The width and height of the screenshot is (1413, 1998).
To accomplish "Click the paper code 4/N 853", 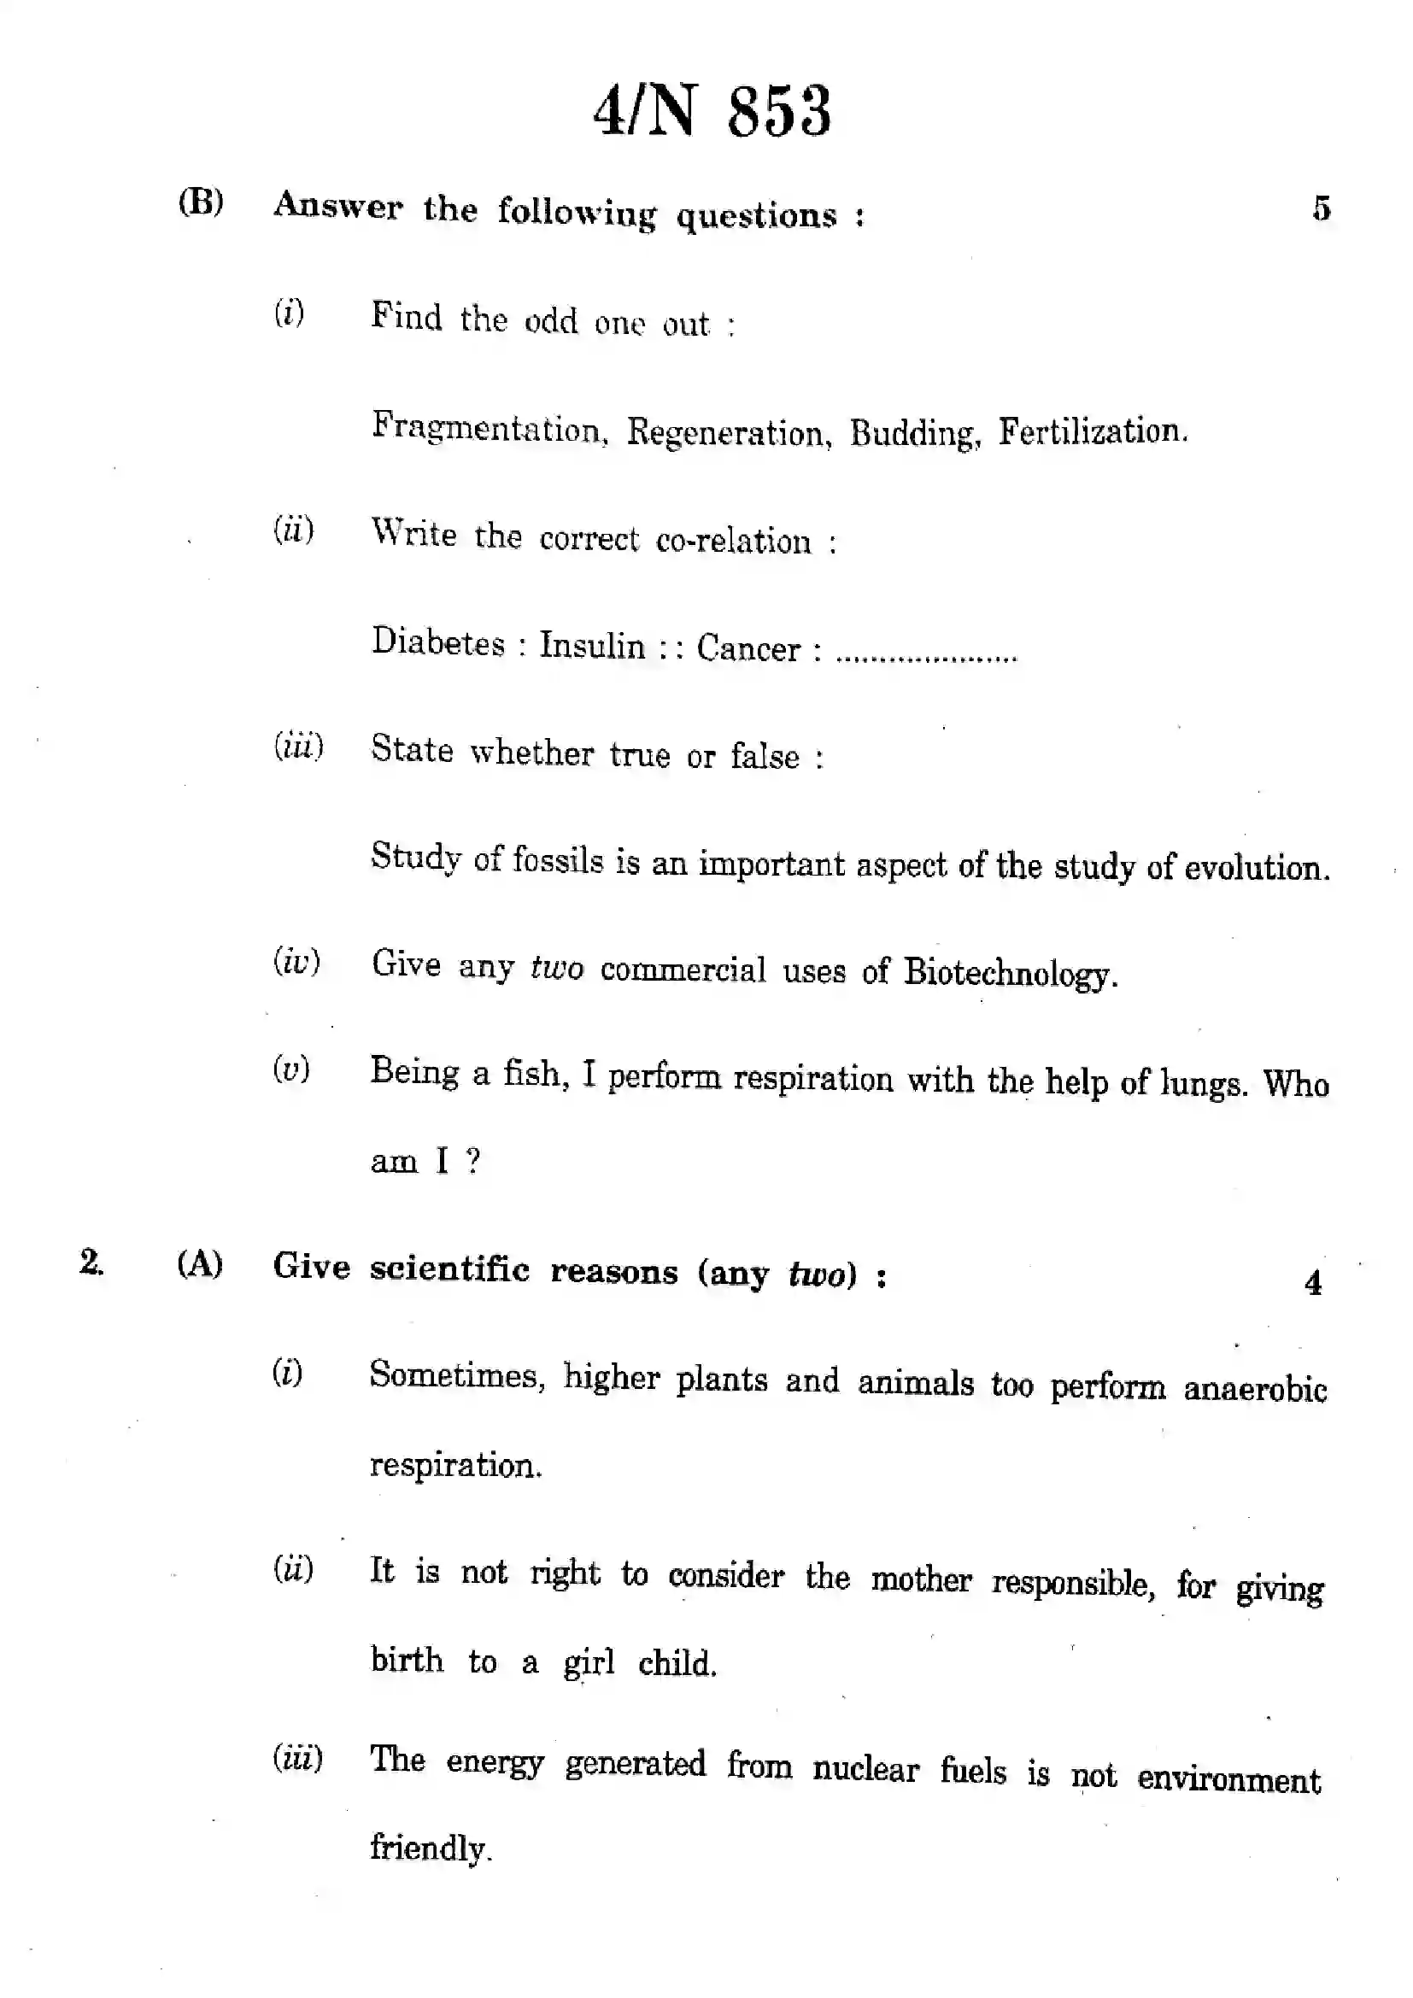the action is click(712, 112).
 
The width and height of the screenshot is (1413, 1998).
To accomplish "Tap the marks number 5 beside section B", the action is click(1322, 208).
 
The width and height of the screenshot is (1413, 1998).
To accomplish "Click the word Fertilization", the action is click(1092, 431).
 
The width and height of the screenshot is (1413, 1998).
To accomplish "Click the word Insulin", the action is click(593, 646).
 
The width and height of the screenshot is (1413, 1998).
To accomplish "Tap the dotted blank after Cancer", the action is click(926, 654).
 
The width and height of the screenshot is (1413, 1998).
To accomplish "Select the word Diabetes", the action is click(438, 643).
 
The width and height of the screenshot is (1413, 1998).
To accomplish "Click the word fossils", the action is click(558, 860).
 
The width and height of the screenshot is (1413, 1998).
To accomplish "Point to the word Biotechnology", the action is click(1009, 972).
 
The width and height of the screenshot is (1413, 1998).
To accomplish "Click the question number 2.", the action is click(91, 1262).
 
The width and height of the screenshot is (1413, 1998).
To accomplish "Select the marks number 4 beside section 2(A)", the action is click(1313, 1283).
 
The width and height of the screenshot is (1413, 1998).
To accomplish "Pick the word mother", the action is click(921, 1579).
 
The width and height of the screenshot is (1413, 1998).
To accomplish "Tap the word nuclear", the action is click(865, 1770).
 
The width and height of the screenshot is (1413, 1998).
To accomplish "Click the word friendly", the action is click(431, 1849).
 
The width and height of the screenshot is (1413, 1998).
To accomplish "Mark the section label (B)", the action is click(201, 202).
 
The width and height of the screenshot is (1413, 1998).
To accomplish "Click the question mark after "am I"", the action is click(472, 1161).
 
